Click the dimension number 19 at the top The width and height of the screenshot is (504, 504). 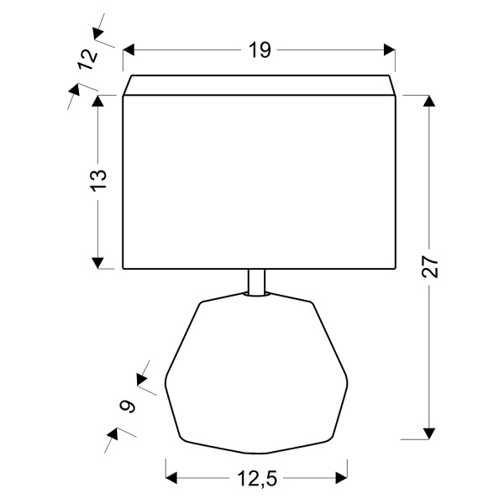coord(259,50)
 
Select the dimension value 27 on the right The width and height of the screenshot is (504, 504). coord(429,267)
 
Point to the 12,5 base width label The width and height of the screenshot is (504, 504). coord(258,478)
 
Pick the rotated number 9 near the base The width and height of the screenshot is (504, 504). coord(128,407)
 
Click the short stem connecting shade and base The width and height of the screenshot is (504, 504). coord(258,282)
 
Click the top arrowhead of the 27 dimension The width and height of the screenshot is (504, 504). coord(429,102)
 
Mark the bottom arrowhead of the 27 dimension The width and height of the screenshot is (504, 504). coord(429,433)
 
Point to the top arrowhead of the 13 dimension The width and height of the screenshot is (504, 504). coord(98,102)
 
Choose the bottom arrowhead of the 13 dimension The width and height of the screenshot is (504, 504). coord(98,262)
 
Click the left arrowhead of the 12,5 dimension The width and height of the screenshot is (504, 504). coord(173,478)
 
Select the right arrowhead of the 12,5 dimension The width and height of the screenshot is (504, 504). coord(342,478)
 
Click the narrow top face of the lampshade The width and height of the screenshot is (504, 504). coord(259,85)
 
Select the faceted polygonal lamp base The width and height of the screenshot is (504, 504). coord(257,370)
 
